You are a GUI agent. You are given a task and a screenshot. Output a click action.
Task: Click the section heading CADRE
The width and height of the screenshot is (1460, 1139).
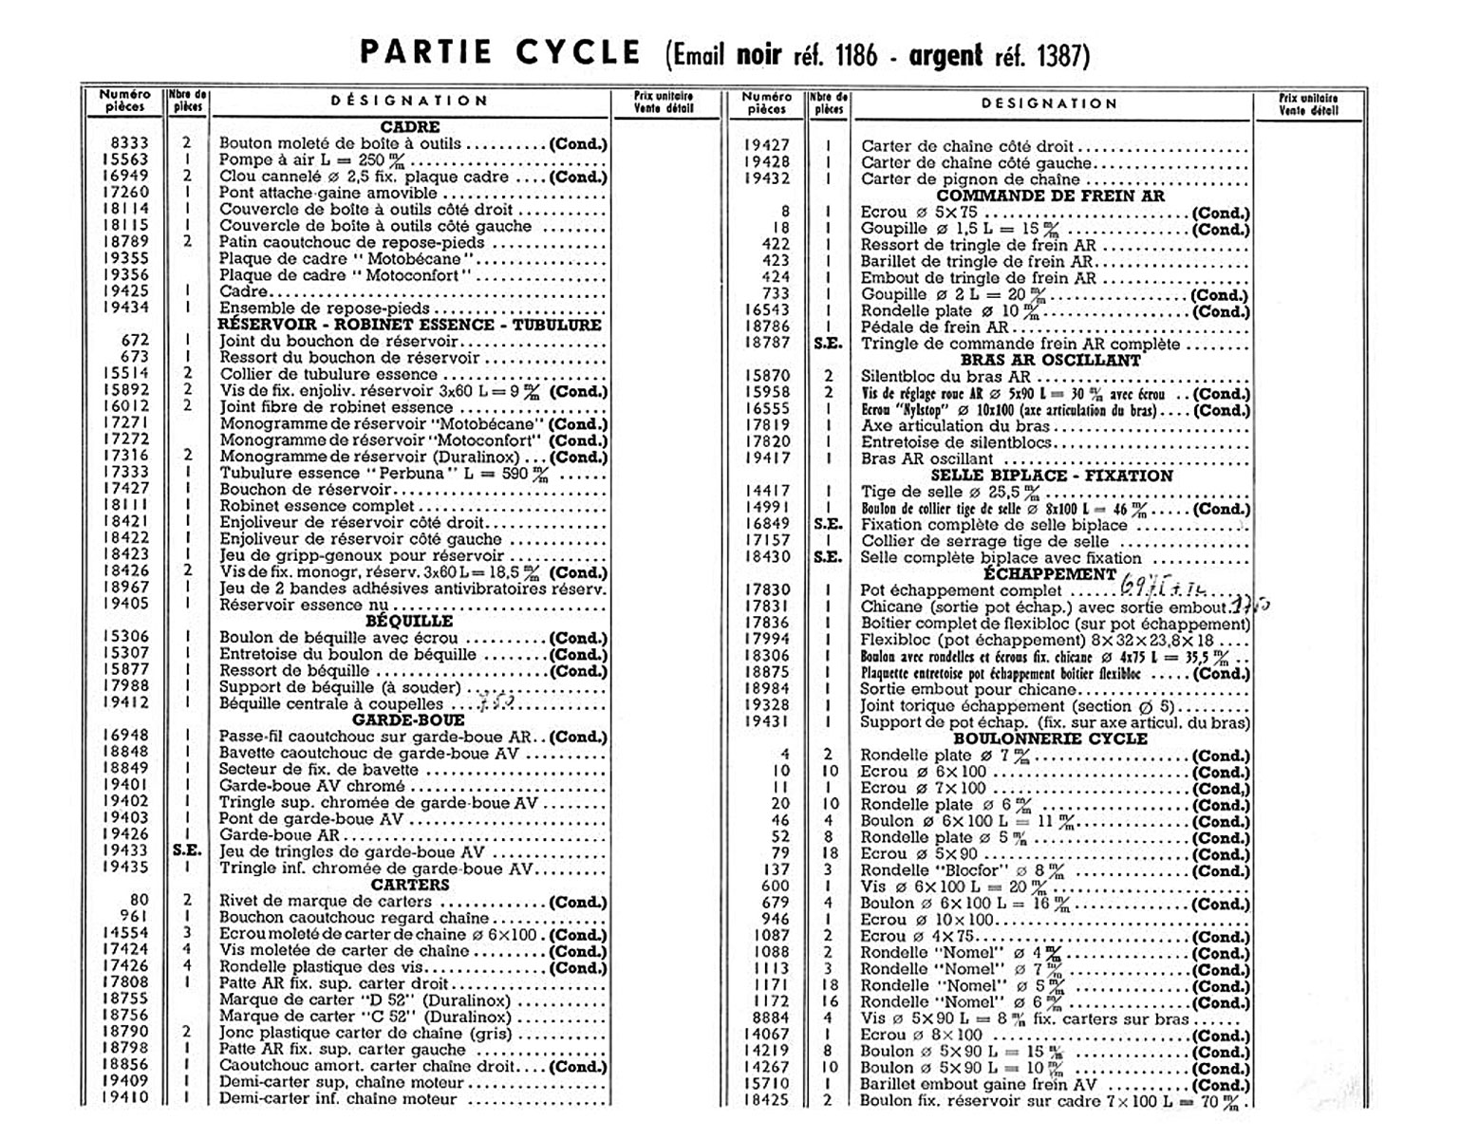pos(410,127)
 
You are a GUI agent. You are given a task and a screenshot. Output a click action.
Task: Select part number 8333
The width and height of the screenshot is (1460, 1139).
pos(130,144)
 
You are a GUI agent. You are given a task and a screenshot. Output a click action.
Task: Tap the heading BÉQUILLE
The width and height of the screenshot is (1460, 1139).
pos(409,622)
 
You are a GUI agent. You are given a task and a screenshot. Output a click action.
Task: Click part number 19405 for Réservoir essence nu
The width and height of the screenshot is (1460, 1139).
pos(126,605)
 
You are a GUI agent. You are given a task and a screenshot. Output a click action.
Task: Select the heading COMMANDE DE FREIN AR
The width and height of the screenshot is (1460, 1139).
pos(1051,196)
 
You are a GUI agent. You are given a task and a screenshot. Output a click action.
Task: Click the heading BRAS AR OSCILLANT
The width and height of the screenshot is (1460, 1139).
pos(1051,361)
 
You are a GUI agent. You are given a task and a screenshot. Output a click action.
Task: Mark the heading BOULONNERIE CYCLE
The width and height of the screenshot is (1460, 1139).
pos(1050,739)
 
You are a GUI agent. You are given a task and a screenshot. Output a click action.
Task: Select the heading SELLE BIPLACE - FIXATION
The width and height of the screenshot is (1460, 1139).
pos(1051,476)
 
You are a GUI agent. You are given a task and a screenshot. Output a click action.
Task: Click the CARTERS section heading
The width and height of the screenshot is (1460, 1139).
pos(409,885)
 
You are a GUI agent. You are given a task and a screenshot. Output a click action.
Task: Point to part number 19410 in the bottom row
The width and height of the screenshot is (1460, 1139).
pos(126,1099)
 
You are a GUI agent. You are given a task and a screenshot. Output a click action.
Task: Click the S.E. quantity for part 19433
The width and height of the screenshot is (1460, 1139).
pos(187,851)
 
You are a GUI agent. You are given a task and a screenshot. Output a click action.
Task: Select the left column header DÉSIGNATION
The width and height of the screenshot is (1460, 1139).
pos(409,101)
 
